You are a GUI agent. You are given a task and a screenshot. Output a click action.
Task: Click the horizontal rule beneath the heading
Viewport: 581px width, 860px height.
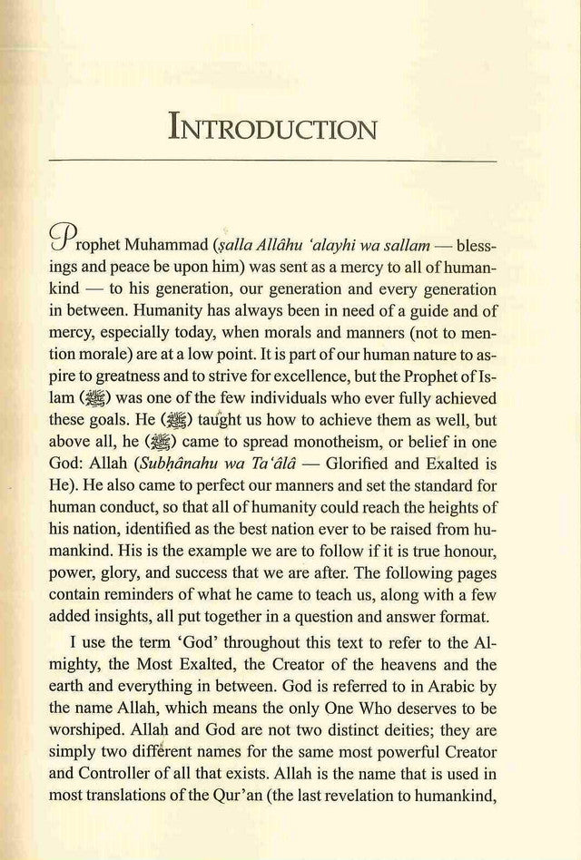(x=290, y=161)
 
